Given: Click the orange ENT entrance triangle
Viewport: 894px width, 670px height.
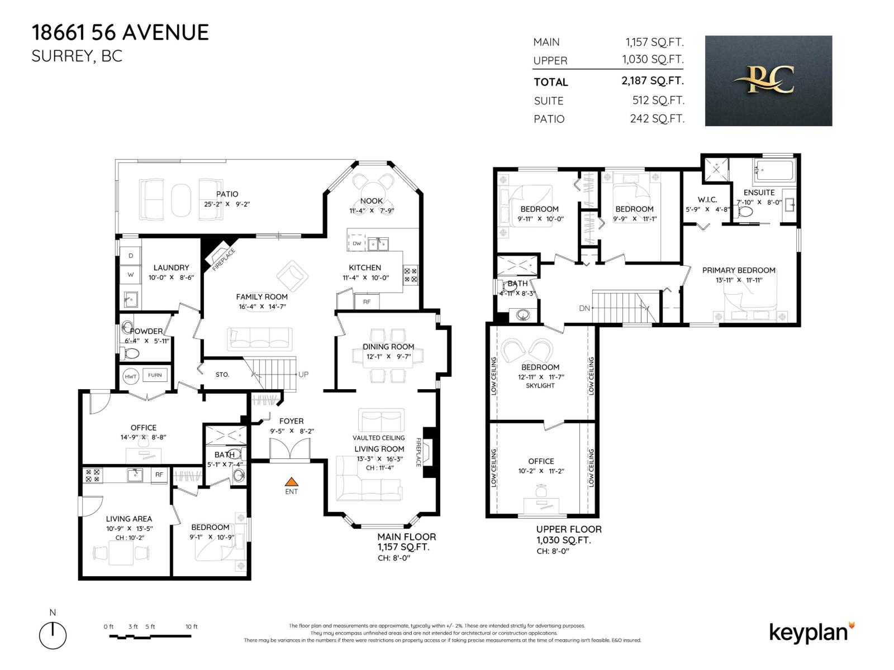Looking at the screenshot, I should click(291, 481).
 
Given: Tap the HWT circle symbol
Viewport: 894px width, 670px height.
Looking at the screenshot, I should click(130, 376).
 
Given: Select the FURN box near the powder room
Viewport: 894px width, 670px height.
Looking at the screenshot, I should click(155, 375).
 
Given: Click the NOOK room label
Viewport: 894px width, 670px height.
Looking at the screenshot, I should click(372, 201).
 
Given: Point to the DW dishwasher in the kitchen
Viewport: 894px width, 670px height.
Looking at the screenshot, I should click(356, 243).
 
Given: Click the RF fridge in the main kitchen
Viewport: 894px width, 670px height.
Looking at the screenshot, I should click(367, 301).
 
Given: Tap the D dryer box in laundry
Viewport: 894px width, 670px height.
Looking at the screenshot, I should click(131, 256).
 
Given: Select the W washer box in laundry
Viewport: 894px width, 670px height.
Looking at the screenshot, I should click(131, 275).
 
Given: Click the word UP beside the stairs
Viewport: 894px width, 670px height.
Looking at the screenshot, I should click(303, 375).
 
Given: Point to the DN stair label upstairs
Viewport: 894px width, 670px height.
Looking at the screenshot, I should click(584, 308).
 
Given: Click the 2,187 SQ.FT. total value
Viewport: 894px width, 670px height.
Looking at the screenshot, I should click(652, 81).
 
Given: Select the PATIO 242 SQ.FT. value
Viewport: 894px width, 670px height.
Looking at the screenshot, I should click(657, 119).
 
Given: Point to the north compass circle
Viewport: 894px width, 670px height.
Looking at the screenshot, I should click(53, 636).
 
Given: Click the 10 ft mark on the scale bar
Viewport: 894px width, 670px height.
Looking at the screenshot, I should click(192, 627).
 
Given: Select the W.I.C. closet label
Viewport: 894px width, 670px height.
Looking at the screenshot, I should click(707, 200).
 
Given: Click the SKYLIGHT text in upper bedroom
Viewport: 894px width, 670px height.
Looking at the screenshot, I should click(540, 386).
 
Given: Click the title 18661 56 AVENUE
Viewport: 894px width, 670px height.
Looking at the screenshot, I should click(120, 32).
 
